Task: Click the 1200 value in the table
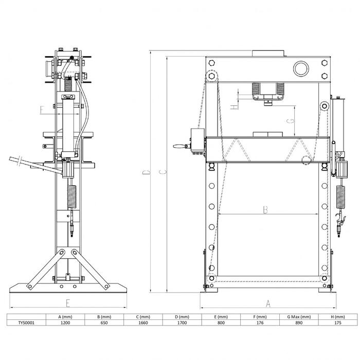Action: coord(65,322)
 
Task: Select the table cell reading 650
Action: coord(104,322)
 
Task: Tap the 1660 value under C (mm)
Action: coord(143,322)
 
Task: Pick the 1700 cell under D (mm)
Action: coord(182,322)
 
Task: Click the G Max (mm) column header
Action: coord(299,317)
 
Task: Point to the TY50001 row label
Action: coord(26,322)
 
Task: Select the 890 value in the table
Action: coord(299,322)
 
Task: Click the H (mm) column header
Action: coord(338,317)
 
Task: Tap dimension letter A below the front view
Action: coord(268,304)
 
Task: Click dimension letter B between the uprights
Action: coord(265,210)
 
